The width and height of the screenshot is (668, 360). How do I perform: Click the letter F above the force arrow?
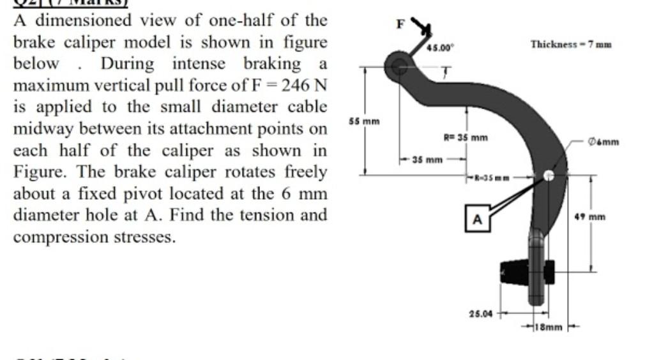tap(400, 24)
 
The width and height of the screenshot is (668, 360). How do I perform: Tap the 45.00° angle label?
tap(439, 47)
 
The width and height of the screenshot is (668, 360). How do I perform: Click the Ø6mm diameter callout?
tap(605, 142)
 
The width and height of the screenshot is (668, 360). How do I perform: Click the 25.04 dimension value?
tap(480, 313)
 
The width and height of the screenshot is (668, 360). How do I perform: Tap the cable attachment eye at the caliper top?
tap(399, 64)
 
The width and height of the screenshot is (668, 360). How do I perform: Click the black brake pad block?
tap(517, 271)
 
